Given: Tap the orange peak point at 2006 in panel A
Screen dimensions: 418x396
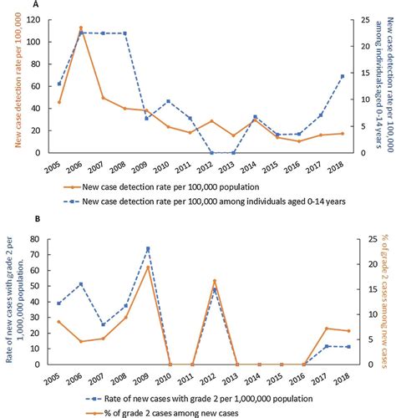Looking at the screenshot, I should [x=81, y=28].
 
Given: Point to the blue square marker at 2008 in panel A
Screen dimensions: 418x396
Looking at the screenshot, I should [x=124, y=33].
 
